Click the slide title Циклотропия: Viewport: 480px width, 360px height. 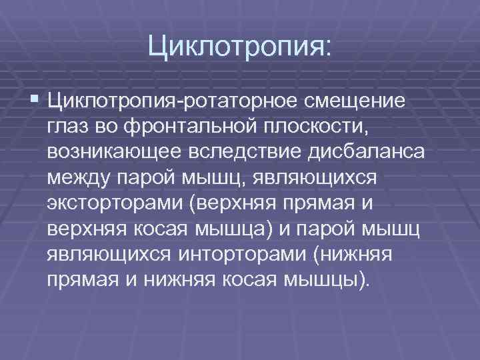(239, 47)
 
